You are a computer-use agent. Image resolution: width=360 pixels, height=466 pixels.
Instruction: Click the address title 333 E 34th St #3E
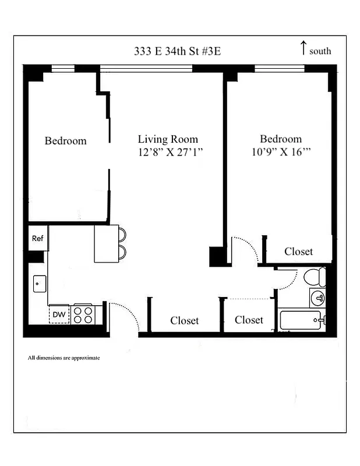click(177, 51)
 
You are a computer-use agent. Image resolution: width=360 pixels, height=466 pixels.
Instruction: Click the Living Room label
click(168, 139)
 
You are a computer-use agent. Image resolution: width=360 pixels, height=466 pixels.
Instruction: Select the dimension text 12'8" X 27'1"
click(170, 153)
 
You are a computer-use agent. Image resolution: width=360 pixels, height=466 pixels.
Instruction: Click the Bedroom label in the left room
click(65, 141)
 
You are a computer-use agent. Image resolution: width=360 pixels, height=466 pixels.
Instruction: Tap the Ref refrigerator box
click(38, 238)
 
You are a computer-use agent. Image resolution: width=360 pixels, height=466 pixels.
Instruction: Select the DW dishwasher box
click(59, 315)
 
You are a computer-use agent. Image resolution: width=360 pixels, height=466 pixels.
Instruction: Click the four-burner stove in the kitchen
click(83, 315)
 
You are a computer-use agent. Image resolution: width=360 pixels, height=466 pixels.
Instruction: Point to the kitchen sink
click(38, 284)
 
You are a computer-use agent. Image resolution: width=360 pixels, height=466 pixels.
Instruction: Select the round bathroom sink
click(318, 298)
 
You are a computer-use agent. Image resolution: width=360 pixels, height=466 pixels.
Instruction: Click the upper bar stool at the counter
click(122, 234)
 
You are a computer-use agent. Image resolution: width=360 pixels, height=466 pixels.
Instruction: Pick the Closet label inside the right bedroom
click(298, 252)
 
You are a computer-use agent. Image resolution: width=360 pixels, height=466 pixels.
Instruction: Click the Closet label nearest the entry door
click(184, 321)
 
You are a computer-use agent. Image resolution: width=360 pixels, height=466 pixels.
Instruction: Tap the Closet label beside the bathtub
click(249, 320)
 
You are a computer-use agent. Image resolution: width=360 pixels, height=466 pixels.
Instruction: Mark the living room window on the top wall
click(146, 69)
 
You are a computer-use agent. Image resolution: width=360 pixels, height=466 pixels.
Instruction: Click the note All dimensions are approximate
click(63, 358)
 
